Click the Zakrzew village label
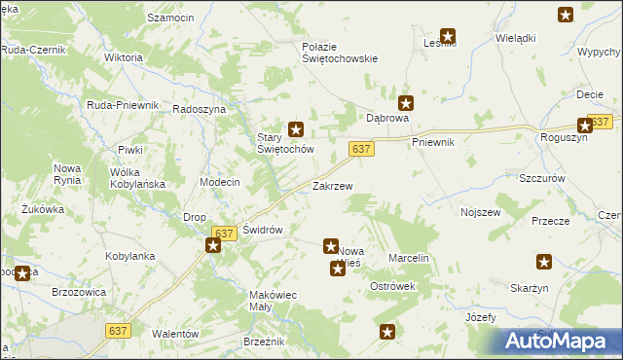tap(332, 185)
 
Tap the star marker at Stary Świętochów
tap(298, 127)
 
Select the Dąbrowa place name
tap(387, 118)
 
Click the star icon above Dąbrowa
tap(407, 101)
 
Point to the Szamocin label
tap(171, 18)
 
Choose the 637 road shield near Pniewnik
tap(361, 148)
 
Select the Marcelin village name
tap(409, 258)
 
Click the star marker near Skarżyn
tap(544, 261)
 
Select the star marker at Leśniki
tap(448, 36)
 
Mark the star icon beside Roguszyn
tap(585, 125)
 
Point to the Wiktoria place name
tap(123, 57)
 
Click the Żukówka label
tap(42, 208)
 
